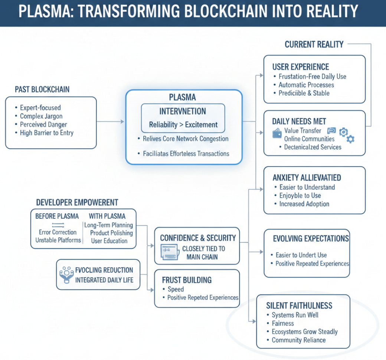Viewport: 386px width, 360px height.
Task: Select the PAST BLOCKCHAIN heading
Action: pyautogui.click(x=42, y=89)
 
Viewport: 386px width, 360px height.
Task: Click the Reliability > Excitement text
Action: pyautogui.click(x=183, y=125)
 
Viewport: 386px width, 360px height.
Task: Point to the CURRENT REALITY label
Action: pyautogui.click(x=314, y=44)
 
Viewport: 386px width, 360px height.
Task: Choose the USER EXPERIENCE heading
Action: pyautogui.click(x=301, y=67)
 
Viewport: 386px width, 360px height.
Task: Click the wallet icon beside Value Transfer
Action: pyautogui.click(x=277, y=134)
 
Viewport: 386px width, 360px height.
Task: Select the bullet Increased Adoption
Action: pyautogui.click(x=304, y=204)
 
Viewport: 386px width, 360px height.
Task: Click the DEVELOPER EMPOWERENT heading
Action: pyautogui.click(x=77, y=202)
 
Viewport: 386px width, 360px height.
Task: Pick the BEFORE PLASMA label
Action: pyautogui.click(x=57, y=216)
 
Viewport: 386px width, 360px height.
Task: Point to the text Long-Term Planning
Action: pyautogui.click(x=108, y=225)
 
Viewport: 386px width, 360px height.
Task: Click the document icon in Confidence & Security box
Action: pyautogui.click(x=169, y=252)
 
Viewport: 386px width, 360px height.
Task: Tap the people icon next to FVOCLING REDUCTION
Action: pyautogui.click(x=67, y=274)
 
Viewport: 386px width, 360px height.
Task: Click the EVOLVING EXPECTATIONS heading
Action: pyautogui.click(x=311, y=238)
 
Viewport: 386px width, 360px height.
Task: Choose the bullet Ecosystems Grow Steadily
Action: pyautogui.click(x=305, y=332)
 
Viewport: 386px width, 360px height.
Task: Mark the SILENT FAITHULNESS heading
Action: pyautogui.click(x=299, y=306)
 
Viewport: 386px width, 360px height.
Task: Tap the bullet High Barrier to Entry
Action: pyautogui.click(x=47, y=132)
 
